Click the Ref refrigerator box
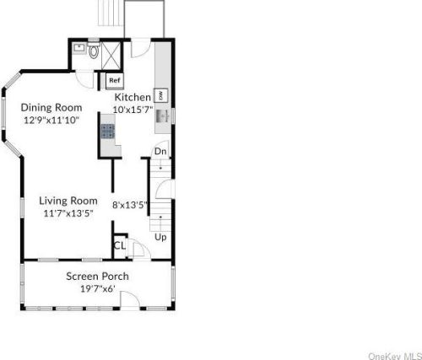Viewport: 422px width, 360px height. [x=115, y=80]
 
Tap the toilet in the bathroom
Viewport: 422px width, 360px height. [x=94, y=51]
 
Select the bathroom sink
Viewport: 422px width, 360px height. [x=78, y=48]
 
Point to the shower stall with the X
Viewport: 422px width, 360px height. [x=111, y=56]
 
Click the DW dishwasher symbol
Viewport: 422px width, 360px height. [x=161, y=95]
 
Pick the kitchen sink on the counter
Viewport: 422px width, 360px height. [x=162, y=116]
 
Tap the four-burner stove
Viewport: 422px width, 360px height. [x=108, y=132]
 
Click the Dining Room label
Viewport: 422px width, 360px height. [x=51, y=108]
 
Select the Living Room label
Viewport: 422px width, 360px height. [x=68, y=201]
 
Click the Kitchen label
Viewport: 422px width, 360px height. [x=133, y=97]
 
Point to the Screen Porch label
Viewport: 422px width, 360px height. [x=97, y=277]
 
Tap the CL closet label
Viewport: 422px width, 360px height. [x=119, y=245]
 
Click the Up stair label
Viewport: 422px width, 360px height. [x=160, y=237]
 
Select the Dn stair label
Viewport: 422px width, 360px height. [x=160, y=152]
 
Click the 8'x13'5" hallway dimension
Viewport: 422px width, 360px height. [x=130, y=205]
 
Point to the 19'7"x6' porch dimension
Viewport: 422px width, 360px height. [x=98, y=288]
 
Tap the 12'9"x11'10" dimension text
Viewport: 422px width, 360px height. [x=51, y=121]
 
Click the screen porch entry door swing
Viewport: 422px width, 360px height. [x=130, y=300]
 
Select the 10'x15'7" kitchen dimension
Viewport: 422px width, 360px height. [x=133, y=110]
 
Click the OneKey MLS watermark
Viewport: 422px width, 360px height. [x=395, y=356]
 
